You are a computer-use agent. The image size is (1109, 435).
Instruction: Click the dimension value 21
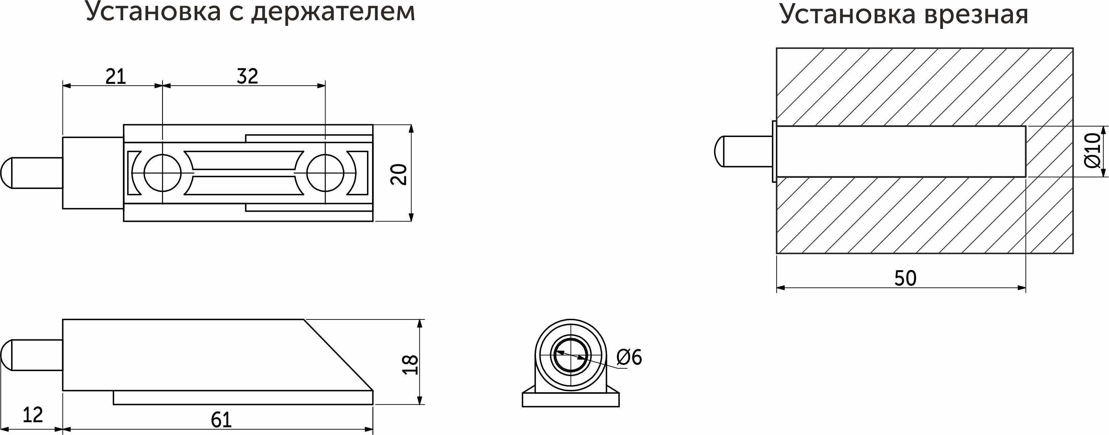click(116, 77)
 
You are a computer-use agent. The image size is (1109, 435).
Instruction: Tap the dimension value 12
click(32, 415)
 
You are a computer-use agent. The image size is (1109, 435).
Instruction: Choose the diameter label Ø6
click(629, 357)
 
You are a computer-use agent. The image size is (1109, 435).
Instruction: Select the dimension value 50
click(905, 278)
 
